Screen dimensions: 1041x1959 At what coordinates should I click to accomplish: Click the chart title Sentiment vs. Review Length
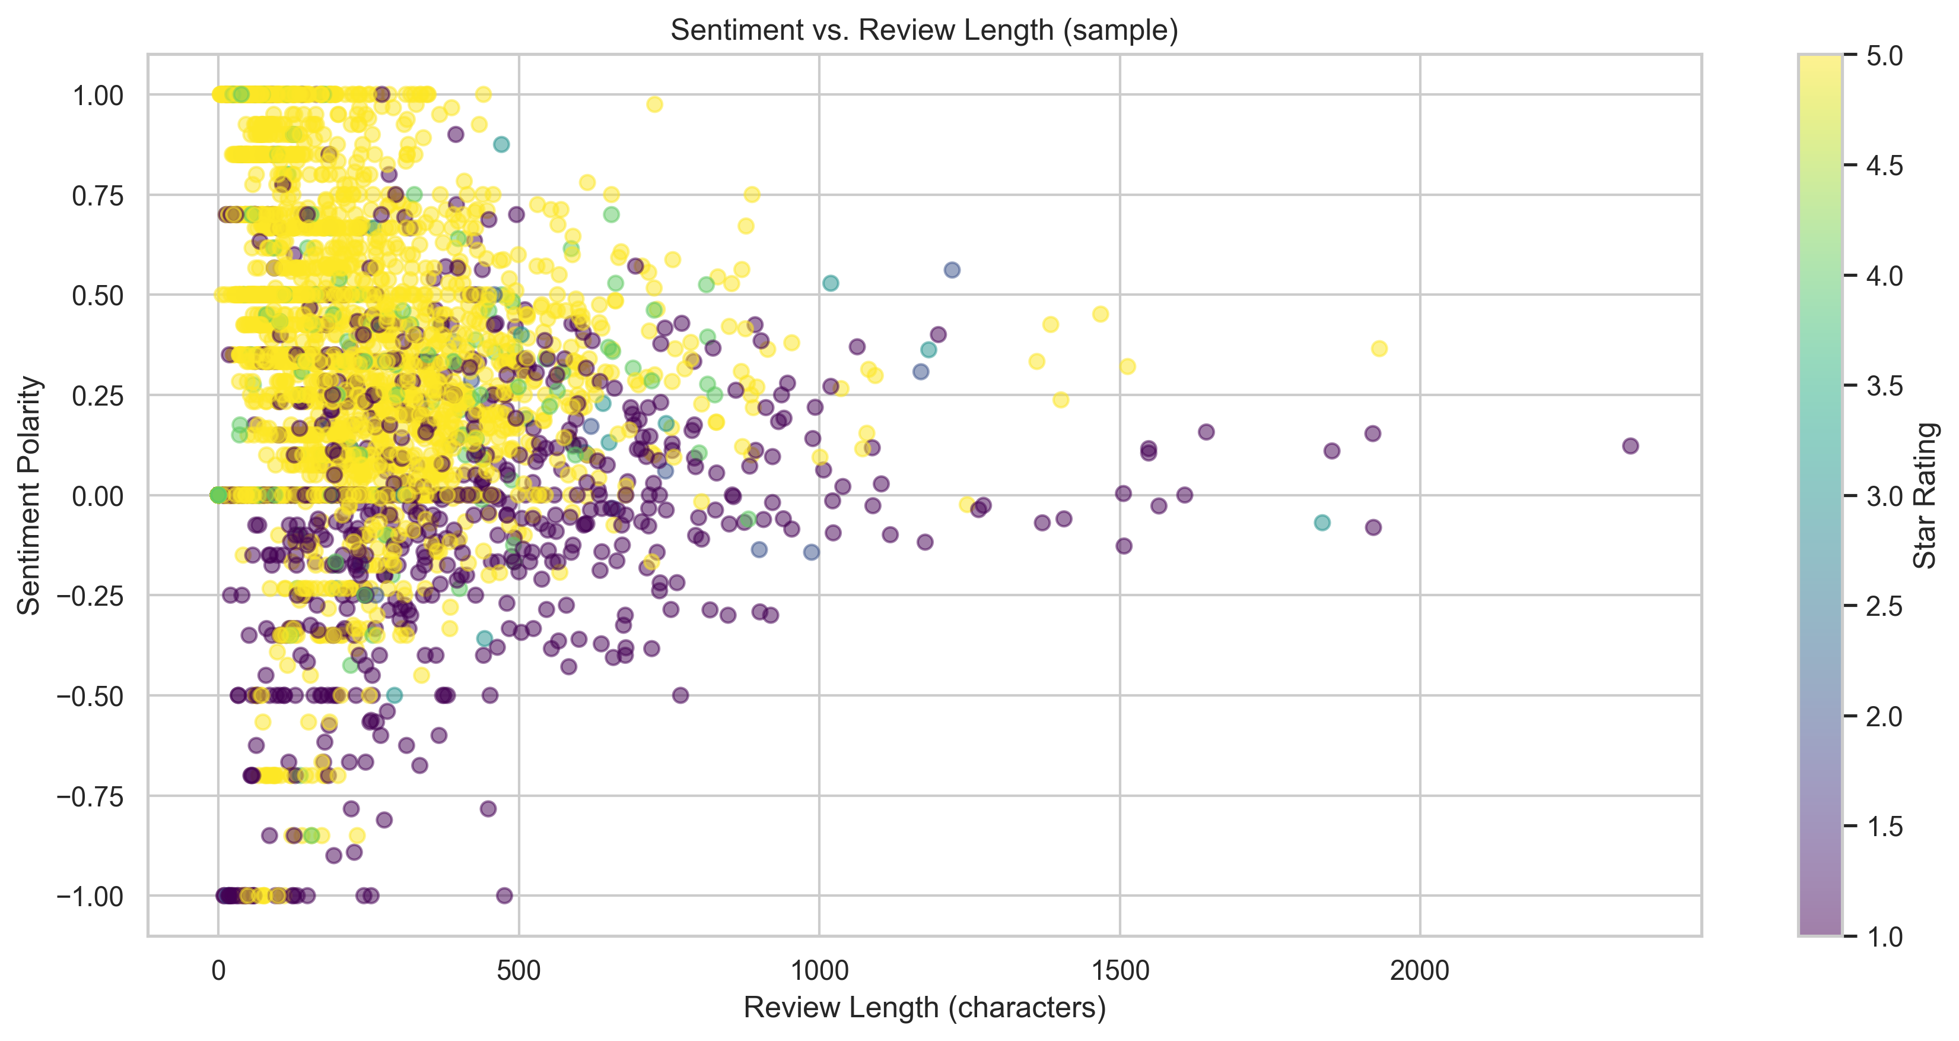pos(924,30)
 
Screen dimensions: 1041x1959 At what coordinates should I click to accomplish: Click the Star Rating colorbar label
pos(1924,495)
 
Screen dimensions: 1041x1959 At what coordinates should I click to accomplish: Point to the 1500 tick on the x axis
pos(1120,970)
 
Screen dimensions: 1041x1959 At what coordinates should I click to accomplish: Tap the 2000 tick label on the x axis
pos(1419,970)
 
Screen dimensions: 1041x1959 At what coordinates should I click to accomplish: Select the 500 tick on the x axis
pos(519,970)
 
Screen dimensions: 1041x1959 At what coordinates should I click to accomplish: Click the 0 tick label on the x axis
pos(218,970)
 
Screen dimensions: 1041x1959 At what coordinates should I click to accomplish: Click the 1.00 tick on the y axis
pos(97,96)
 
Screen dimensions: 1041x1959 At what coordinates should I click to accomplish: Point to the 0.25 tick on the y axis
pos(97,395)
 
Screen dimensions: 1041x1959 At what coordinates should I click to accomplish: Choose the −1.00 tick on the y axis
pos(90,897)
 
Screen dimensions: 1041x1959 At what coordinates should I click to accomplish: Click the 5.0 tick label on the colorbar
pos(1884,56)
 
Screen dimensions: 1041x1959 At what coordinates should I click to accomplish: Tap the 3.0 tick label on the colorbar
pos(1884,496)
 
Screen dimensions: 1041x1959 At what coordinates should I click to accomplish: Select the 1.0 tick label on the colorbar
pos(1884,936)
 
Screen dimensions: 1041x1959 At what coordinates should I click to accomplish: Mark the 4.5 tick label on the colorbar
pos(1884,166)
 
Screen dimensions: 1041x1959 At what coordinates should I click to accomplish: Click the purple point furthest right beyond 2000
pos(1630,446)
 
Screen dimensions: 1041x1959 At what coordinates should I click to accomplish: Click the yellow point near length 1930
pos(1379,349)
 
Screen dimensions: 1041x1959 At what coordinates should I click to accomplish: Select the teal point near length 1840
pos(1322,523)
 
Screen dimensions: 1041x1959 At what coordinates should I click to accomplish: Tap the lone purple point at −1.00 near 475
pos(504,896)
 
